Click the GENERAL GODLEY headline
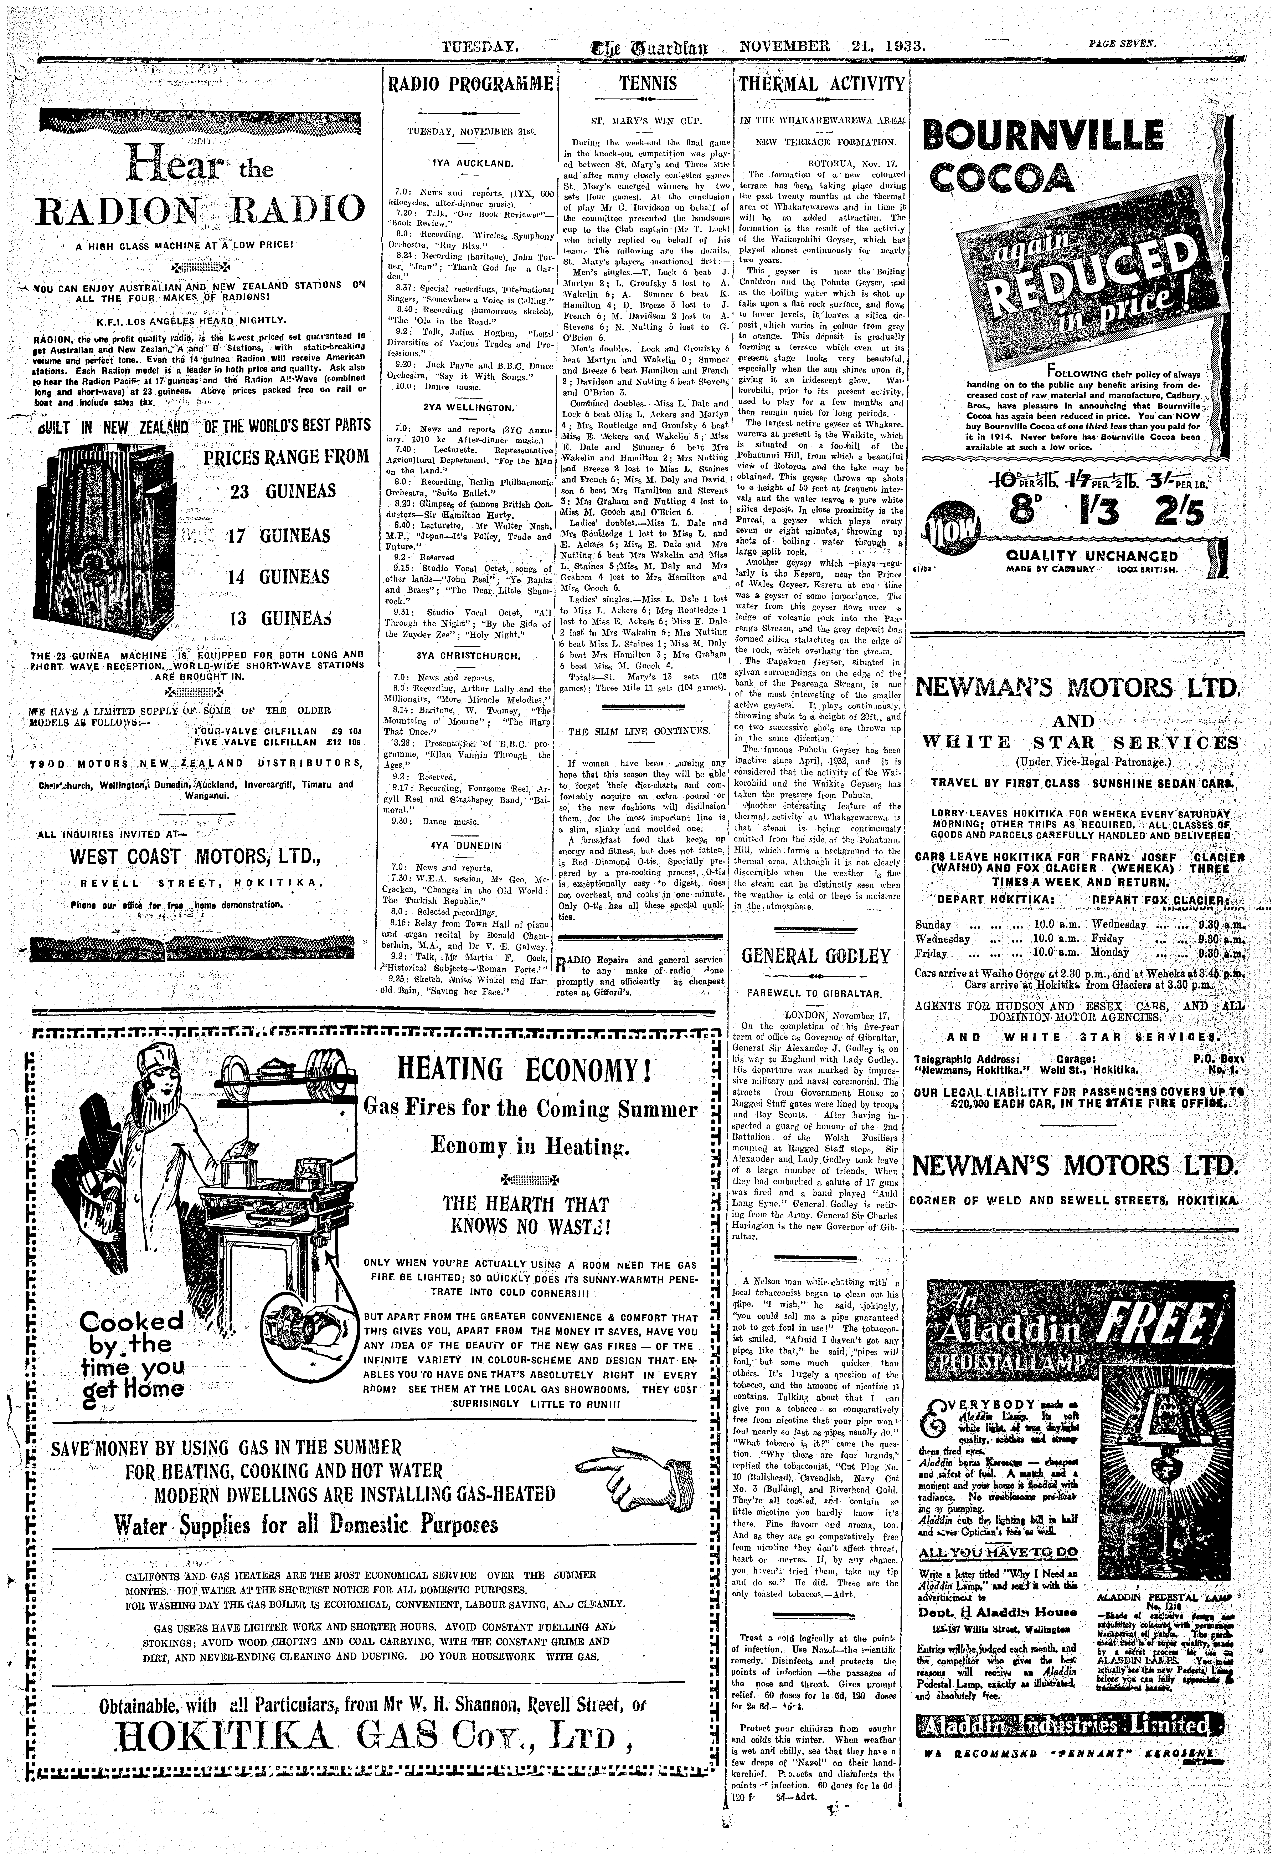[816, 956]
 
